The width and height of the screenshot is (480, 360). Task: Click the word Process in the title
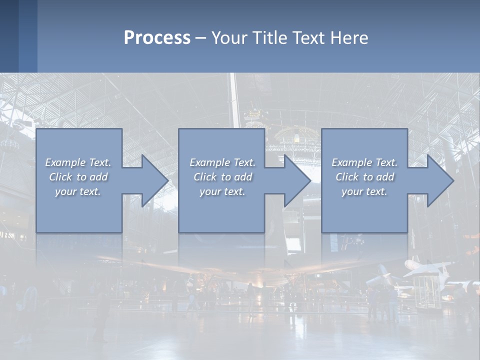157,38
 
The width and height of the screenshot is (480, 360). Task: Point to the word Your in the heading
227,38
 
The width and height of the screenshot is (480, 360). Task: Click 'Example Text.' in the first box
78,162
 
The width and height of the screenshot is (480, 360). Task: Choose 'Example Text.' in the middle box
222,162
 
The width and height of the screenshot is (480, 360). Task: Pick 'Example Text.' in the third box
364,162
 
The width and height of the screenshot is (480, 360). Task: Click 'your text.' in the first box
78,191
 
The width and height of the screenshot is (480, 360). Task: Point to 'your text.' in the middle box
222,191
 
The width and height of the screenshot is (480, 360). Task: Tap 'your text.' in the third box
364,191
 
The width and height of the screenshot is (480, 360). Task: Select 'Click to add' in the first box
78,177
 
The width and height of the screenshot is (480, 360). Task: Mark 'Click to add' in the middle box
222,177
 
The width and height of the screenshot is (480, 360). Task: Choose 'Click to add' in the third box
364,177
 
